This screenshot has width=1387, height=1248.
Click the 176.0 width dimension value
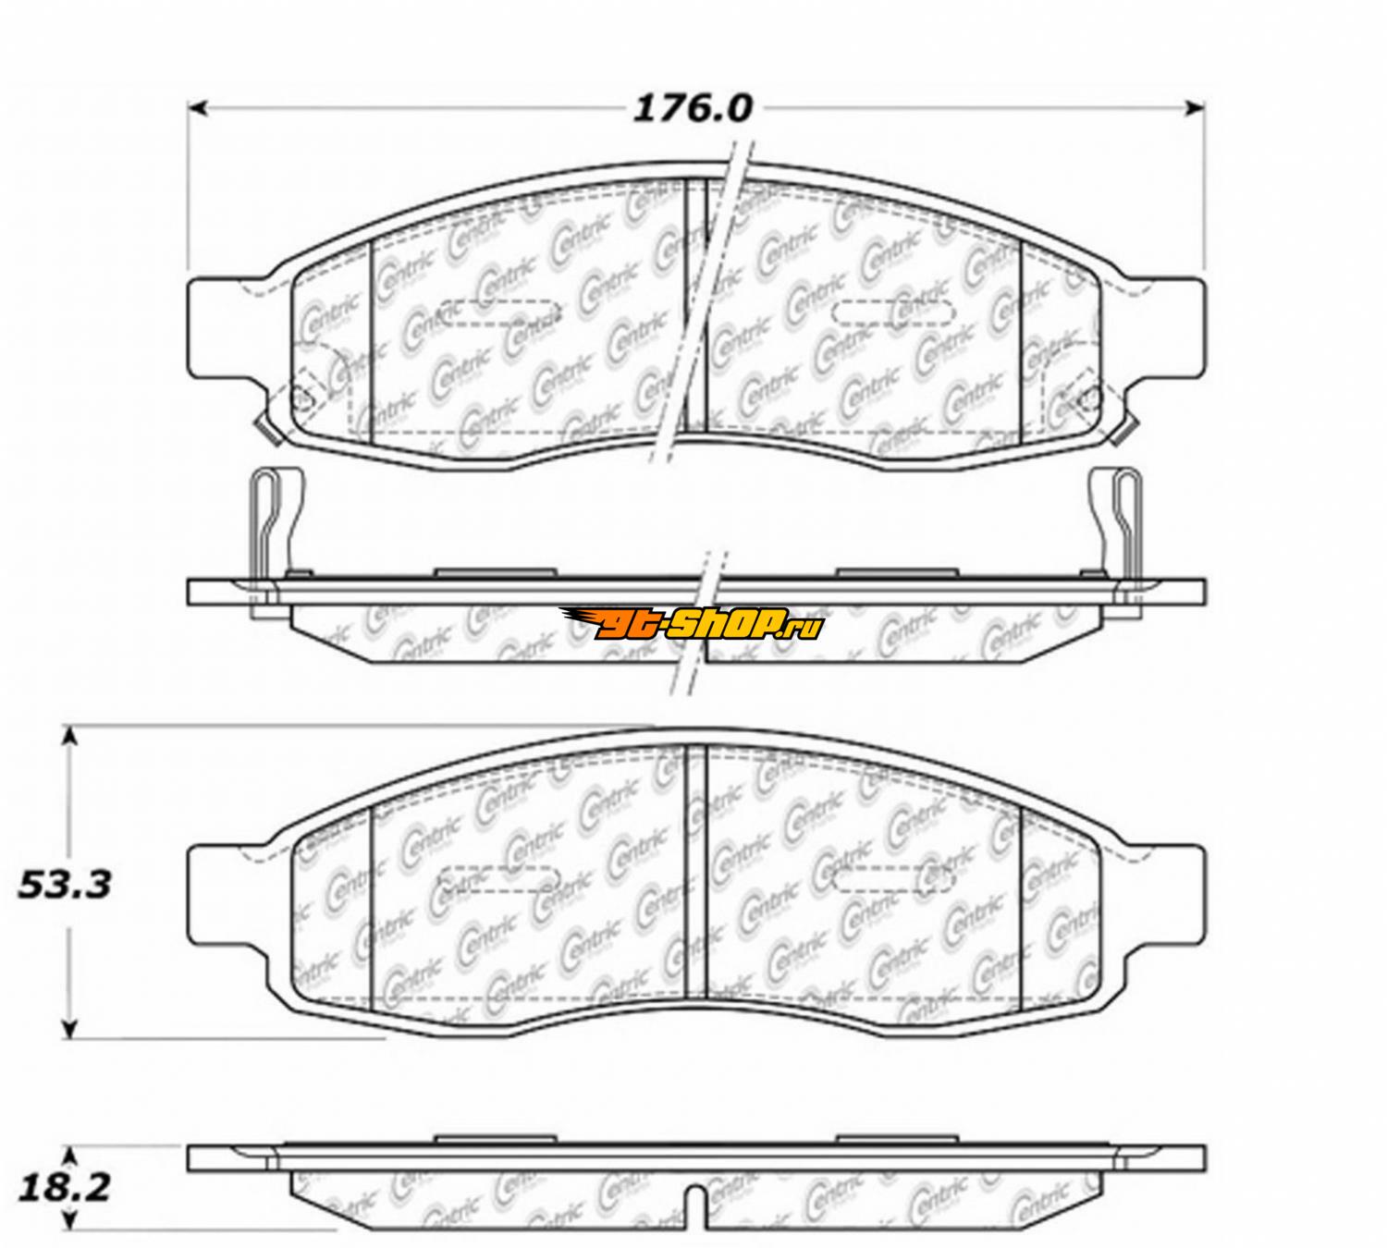(x=693, y=109)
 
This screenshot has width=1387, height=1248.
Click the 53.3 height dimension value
(x=65, y=885)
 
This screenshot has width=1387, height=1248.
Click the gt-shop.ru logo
(x=693, y=622)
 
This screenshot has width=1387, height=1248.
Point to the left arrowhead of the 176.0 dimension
(x=199, y=108)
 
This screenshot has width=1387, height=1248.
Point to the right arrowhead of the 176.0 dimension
(x=1195, y=108)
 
